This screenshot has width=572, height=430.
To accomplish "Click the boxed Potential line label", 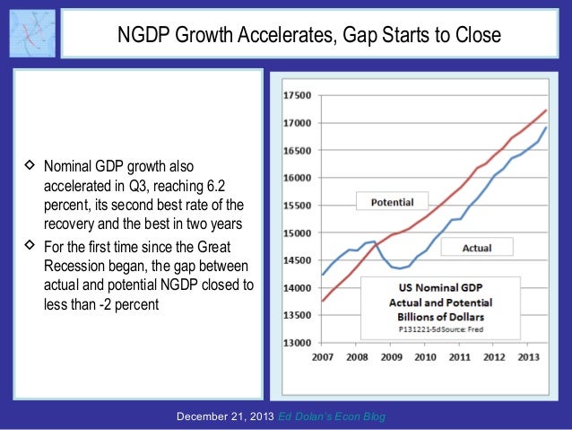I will pyautogui.click(x=392, y=202).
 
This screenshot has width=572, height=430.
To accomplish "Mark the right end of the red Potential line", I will pyautogui.click(x=547, y=110).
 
